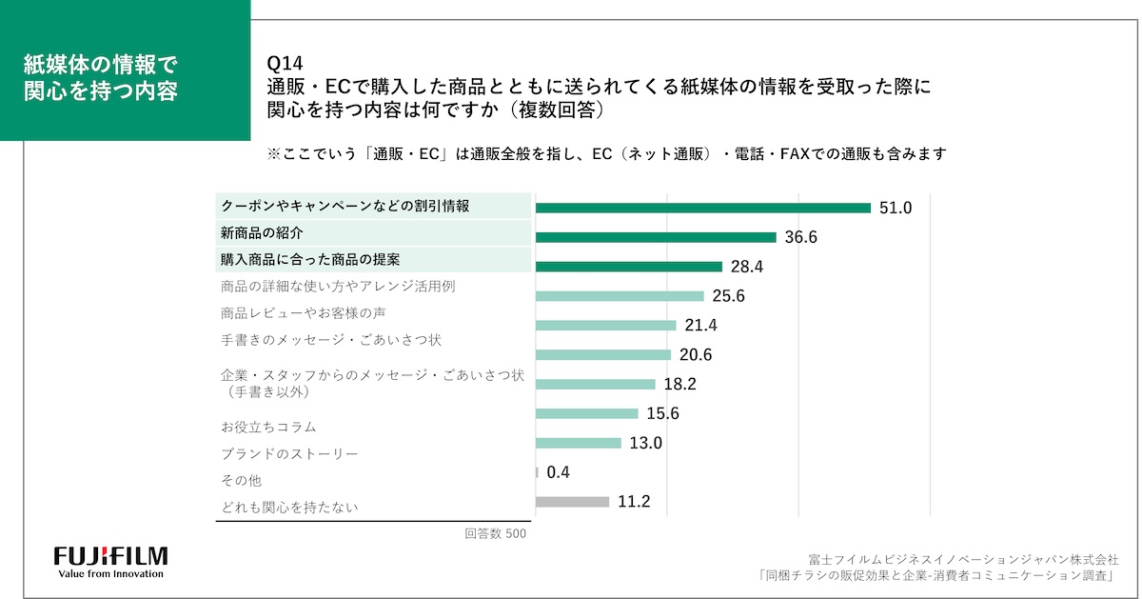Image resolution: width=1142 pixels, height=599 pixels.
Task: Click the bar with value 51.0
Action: (x=703, y=208)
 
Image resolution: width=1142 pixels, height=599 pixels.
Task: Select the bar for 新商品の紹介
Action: (x=656, y=237)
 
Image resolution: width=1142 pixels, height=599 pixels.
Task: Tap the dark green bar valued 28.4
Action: (x=629, y=267)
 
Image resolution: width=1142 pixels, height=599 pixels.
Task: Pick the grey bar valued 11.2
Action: (x=572, y=501)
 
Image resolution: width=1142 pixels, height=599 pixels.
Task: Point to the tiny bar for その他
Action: (x=538, y=471)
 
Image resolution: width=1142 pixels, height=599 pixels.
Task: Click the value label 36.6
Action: (x=800, y=237)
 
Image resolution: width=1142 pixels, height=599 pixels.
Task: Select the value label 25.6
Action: (x=728, y=296)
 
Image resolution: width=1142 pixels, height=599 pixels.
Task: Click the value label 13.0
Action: (x=645, y=443)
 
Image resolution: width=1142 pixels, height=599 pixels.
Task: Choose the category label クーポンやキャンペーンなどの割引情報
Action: (x=345, y=206)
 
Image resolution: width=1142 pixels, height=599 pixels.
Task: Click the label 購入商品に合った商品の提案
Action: (x=310, y=259)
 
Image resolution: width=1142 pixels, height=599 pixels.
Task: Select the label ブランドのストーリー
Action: (x=289, y=454)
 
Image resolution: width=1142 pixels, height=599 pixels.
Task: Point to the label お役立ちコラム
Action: (x=268, y=427)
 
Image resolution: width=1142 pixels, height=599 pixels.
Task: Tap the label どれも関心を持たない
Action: (x=289, y=508)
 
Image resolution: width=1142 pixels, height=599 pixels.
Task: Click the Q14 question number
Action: (x=285, y=65)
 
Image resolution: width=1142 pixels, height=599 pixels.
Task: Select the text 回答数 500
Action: (x=495, y=533)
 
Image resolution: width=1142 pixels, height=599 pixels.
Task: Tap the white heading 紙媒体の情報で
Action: (x=100, y=65)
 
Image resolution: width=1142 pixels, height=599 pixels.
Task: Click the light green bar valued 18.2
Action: (x=596, y=384)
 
